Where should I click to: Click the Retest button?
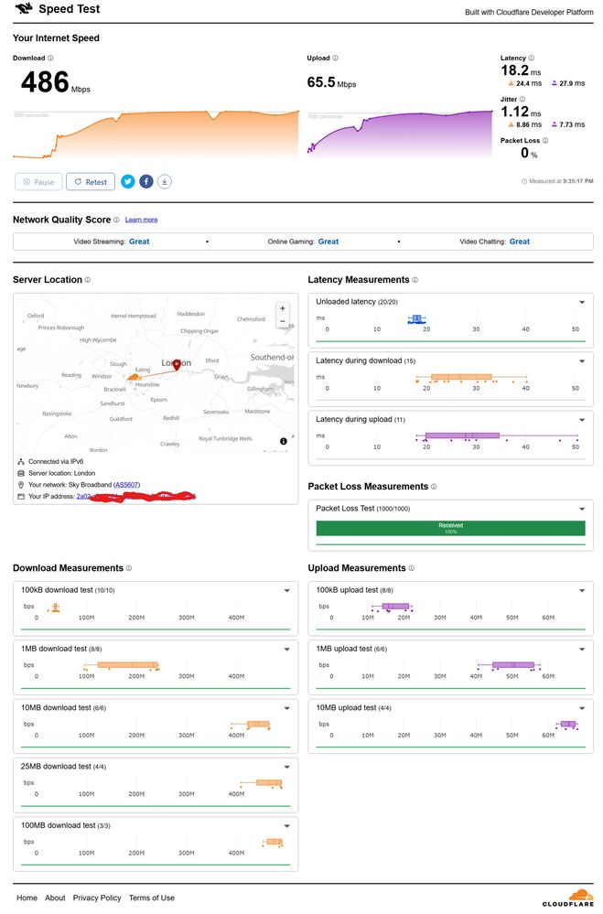pos(91,182)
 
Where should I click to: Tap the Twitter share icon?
pos(128,181)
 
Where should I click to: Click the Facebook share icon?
pos(146,181)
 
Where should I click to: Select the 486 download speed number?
pos(45,82)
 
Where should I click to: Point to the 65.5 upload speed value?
pos(321,82)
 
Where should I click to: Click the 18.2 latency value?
pos(514,70)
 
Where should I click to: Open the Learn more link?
pos(141,220)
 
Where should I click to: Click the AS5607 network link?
pos(126,484)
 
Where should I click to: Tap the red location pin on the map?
pos(177,364)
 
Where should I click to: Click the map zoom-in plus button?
pos(283,308)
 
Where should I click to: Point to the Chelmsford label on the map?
pos(251,319)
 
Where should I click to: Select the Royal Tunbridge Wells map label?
pos(225,439)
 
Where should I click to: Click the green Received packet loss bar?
pos(450,528)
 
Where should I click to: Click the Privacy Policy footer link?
pos(97,898)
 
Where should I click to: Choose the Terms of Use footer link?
pos(151,898)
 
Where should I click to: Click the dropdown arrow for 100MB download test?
pos(286,825)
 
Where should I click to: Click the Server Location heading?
pos(47,279)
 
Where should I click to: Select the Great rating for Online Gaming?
pos(328,242)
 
